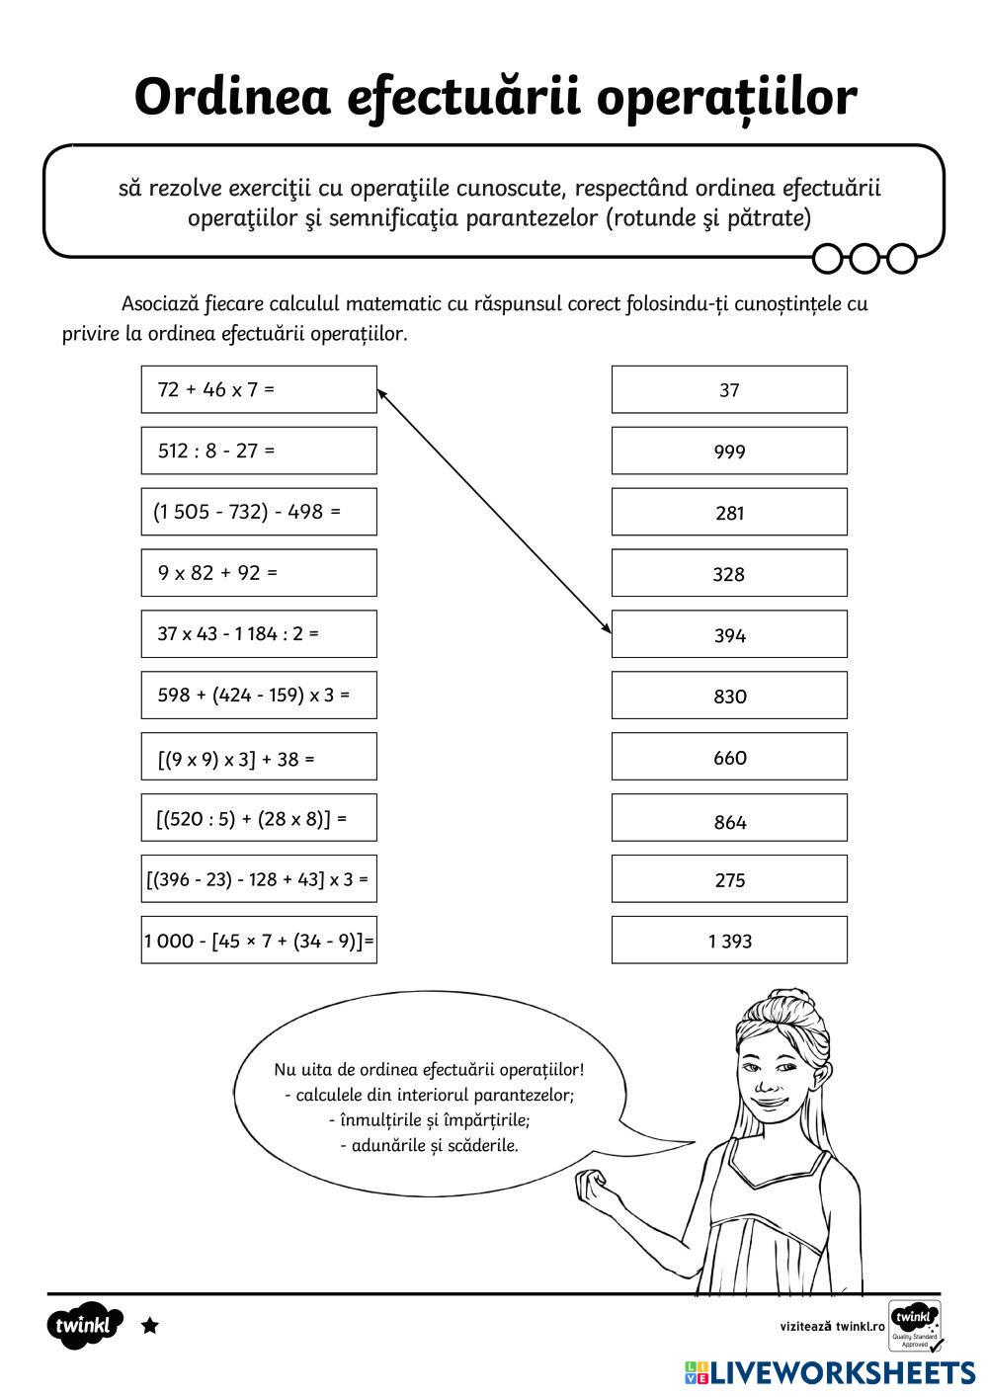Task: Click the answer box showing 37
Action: point(729,389)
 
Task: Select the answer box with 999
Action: point(729,451)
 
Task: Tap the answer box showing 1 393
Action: point(729,941)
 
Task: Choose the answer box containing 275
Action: point(729,879)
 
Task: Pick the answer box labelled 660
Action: point(729,757)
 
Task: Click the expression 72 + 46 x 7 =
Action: point(259,389)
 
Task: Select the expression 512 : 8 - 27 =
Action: point(259,451)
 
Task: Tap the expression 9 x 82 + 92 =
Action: point(259,573)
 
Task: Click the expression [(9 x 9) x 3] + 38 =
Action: point(259,758)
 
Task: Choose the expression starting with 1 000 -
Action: point(259,941)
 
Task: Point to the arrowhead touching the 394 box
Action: point(606,628)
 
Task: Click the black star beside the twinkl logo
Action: point(150,1326)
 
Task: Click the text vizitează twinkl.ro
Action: point(832,1326)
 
